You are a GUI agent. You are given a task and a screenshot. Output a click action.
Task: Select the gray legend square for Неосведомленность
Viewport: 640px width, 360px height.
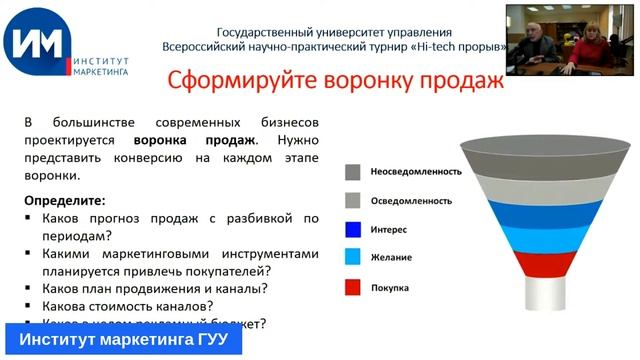pos(353,171)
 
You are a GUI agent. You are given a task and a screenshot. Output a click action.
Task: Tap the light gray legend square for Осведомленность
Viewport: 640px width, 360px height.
pos(353,200)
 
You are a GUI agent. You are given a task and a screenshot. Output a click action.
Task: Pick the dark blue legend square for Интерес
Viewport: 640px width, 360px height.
pos(353,229)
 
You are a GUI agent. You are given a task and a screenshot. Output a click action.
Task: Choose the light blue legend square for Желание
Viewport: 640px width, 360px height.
pos(353,257)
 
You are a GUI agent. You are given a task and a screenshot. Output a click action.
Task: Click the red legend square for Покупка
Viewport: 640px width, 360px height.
pos(353,287)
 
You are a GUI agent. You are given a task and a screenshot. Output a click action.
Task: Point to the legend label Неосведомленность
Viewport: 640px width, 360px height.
pos(415,171)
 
